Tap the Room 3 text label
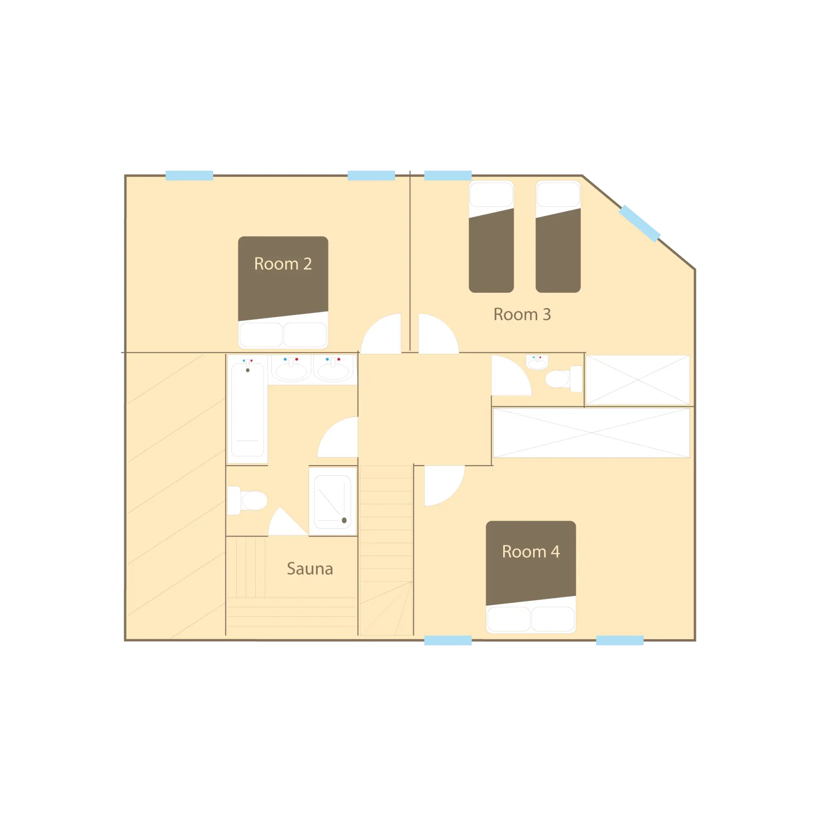pyautogui.click(x=522, y=314)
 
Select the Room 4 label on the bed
pyautogui.click(x=530, y=551)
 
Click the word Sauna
pyautogui.click(x=310, y=569)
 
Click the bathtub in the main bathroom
pyautogui.click(x=247, y=410)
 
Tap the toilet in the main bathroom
pyautogui.click(x=247, y=500)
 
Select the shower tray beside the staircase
pyautogui.click(x=333, y=501)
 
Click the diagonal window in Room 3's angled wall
pyautogui.click(x=640, y=223)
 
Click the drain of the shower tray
pyautogui.click(x=344, y=520)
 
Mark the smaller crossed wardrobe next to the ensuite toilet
pyautogui.click(x=637, y=380)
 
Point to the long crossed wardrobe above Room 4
pyautogui.click(x=591, y=432)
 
